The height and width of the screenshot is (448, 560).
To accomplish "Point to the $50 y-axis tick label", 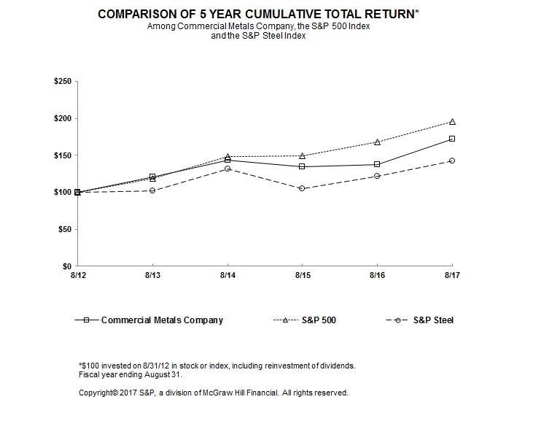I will click(64, 230).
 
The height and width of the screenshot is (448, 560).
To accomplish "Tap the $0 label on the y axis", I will click(66, 267).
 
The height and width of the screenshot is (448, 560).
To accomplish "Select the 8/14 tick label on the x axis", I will click(227, 277).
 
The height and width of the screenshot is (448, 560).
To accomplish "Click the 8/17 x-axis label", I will click(452, 277).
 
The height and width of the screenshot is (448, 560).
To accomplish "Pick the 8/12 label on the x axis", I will click(77, 277).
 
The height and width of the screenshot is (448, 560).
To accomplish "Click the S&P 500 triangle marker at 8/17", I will click(452, 122).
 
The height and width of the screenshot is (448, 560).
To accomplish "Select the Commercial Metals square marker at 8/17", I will click(452, 139).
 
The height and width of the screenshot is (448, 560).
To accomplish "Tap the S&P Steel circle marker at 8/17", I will click(452, 161).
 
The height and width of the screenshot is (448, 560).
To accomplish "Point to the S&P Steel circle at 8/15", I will click(302, 188).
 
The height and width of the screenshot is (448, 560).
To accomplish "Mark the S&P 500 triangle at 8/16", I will click(377, 142).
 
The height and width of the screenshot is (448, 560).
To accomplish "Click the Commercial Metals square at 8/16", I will click(377, 164).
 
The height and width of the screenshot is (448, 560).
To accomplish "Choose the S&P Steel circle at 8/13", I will click(152, 190).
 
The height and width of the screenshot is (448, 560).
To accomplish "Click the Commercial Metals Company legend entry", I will click(161, 320).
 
